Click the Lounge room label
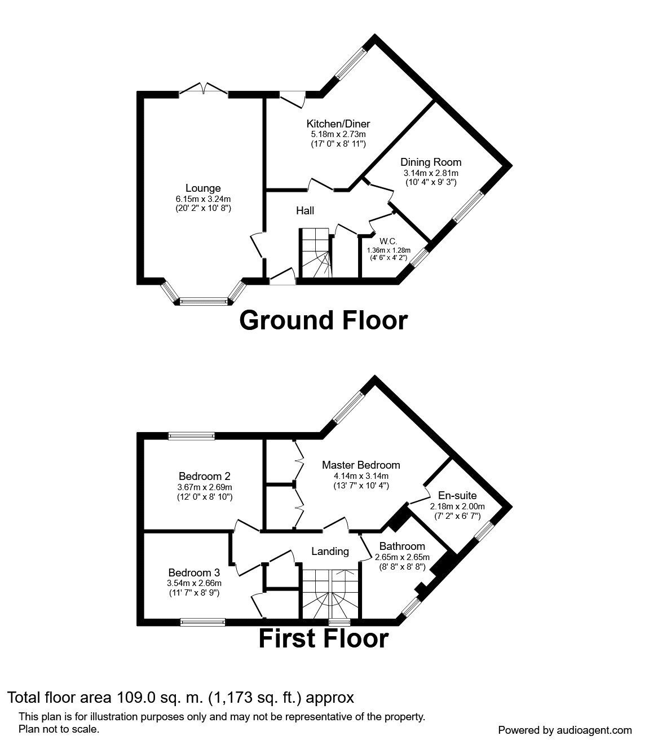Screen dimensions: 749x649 [203, 188]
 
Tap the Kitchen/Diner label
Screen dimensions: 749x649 [338, 124]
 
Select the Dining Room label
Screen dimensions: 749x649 [431, 162]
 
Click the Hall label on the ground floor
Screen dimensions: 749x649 [305, 211]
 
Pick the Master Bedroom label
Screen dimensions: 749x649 [361, 465]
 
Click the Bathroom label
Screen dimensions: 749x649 [402, 546]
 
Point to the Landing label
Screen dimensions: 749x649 [330, 552]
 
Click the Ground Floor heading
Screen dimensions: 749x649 [323, 320]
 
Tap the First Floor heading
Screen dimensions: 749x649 [323, 639]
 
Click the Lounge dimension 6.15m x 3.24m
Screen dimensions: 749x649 [203, 199]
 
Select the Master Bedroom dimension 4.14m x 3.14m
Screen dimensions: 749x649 [361, 475]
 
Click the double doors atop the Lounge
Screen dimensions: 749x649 [204, 90]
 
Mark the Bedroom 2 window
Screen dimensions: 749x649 [191, 435]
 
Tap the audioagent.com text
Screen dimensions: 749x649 [596, 730]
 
